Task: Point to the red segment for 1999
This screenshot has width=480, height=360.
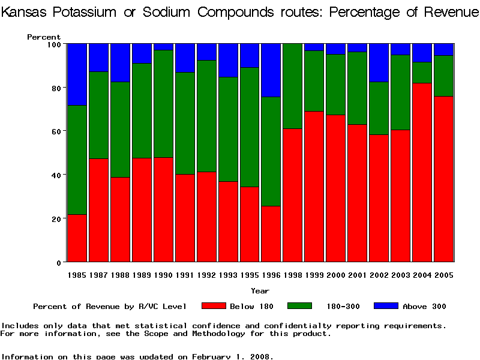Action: pyautogui.click(x=314, y=187)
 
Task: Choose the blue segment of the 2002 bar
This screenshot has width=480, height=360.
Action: pyautogui.click(x=379, y=62)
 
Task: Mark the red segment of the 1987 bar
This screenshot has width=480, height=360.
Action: pyautogui.click(x=99, y=210)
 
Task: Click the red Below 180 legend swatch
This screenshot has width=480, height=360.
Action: pyautogui.click(x=214, y=306)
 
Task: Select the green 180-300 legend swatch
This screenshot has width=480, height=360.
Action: pyautogui.click(x=300, y=306)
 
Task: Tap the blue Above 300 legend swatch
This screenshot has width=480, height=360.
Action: pyautogui.click(x=386, y=306)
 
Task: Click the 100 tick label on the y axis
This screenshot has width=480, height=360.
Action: pyautogui.click(x=52, y=44)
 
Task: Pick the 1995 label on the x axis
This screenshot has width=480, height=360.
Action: pyautogui.click(x=250, y=275)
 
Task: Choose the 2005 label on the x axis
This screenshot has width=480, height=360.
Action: pyautogui.click(x=444, y=275)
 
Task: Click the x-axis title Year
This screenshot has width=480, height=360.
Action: pyautogui.click(x=260, y=291)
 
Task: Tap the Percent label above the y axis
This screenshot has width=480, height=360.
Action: pyautogui.click(x=44, y=37)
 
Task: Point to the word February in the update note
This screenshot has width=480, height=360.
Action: pyautogui.click(x=212, y=356)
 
